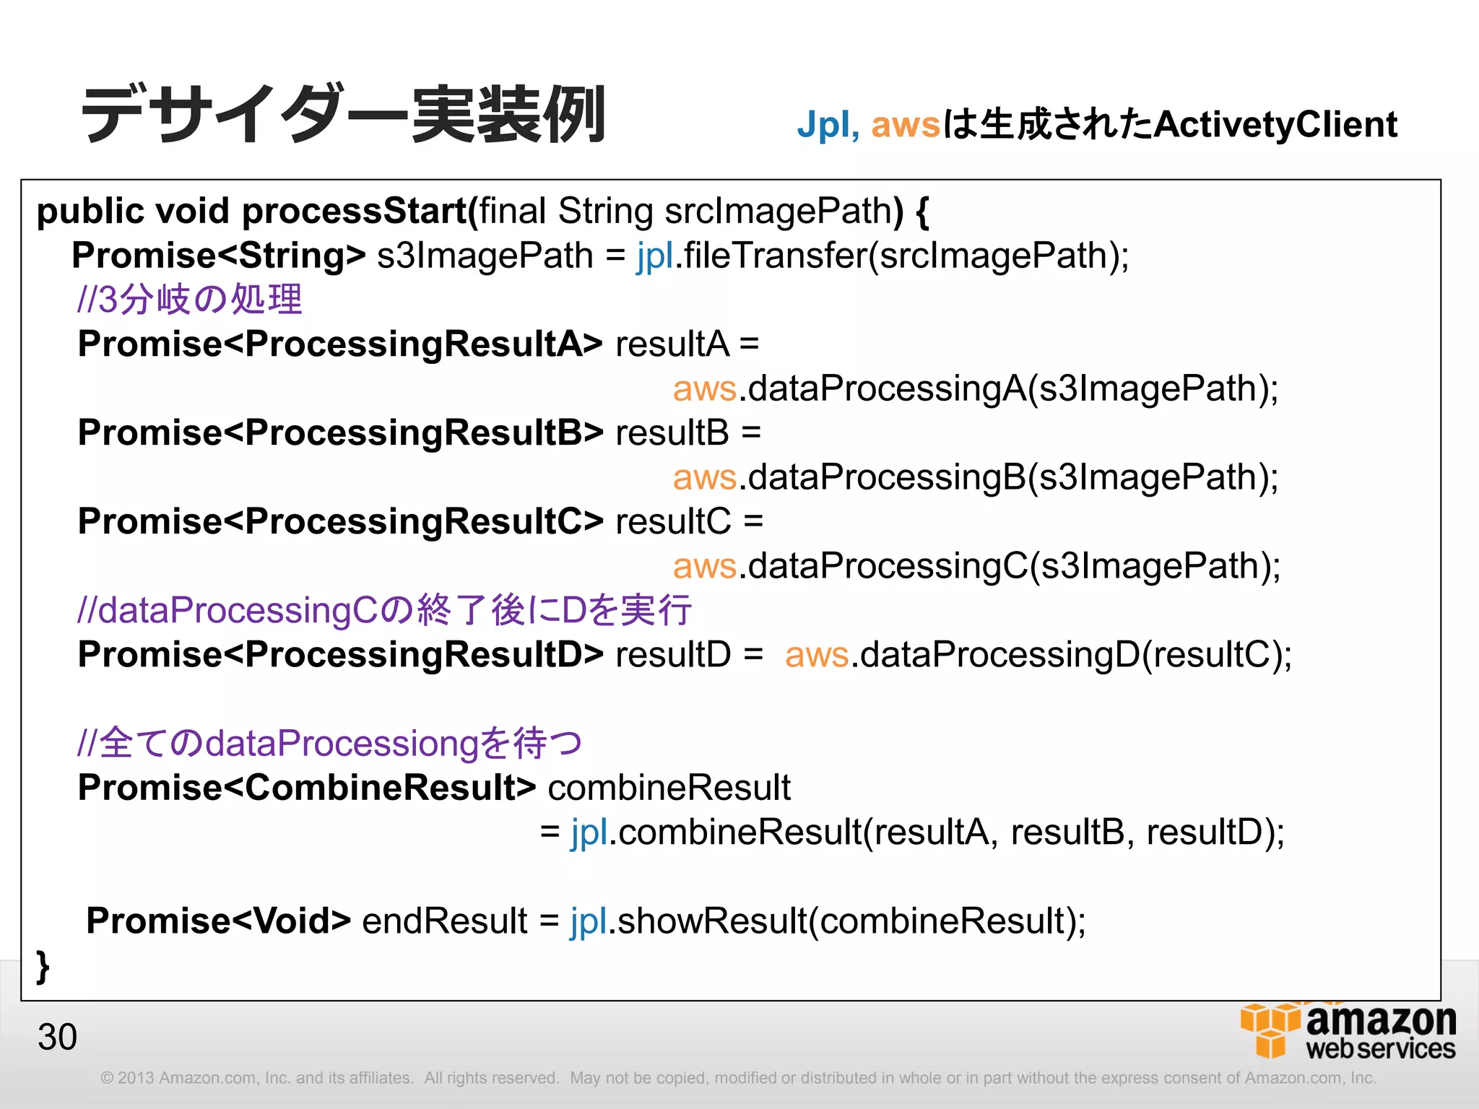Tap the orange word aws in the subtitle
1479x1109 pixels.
click(x=906, y=125)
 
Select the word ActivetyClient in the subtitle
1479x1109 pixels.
click(x=1275, y=125)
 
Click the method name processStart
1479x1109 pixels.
click(x=354, y=212)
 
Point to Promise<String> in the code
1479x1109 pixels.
click(x=218, y=256)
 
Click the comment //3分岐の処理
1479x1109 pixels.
click(x=189, y=300)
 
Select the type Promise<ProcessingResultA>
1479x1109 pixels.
click(x=339, y=344)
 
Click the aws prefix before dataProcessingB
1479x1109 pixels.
click(x=704, y=477)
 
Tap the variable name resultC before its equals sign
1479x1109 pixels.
click(x=673, y=522)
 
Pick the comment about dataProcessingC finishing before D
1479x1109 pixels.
click(x=384, y=611)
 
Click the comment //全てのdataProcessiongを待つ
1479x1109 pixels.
click(x=329, y=744)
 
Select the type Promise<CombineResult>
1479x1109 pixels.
click(x=306, y=788)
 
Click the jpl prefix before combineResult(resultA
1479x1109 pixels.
click(x=589, y=832)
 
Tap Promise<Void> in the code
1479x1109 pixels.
click(x=218, y=921)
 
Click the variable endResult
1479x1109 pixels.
click(x=444, y=921)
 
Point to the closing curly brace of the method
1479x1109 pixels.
click(x=43, y=965)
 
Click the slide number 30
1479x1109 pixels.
click(x=57, y=1037)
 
